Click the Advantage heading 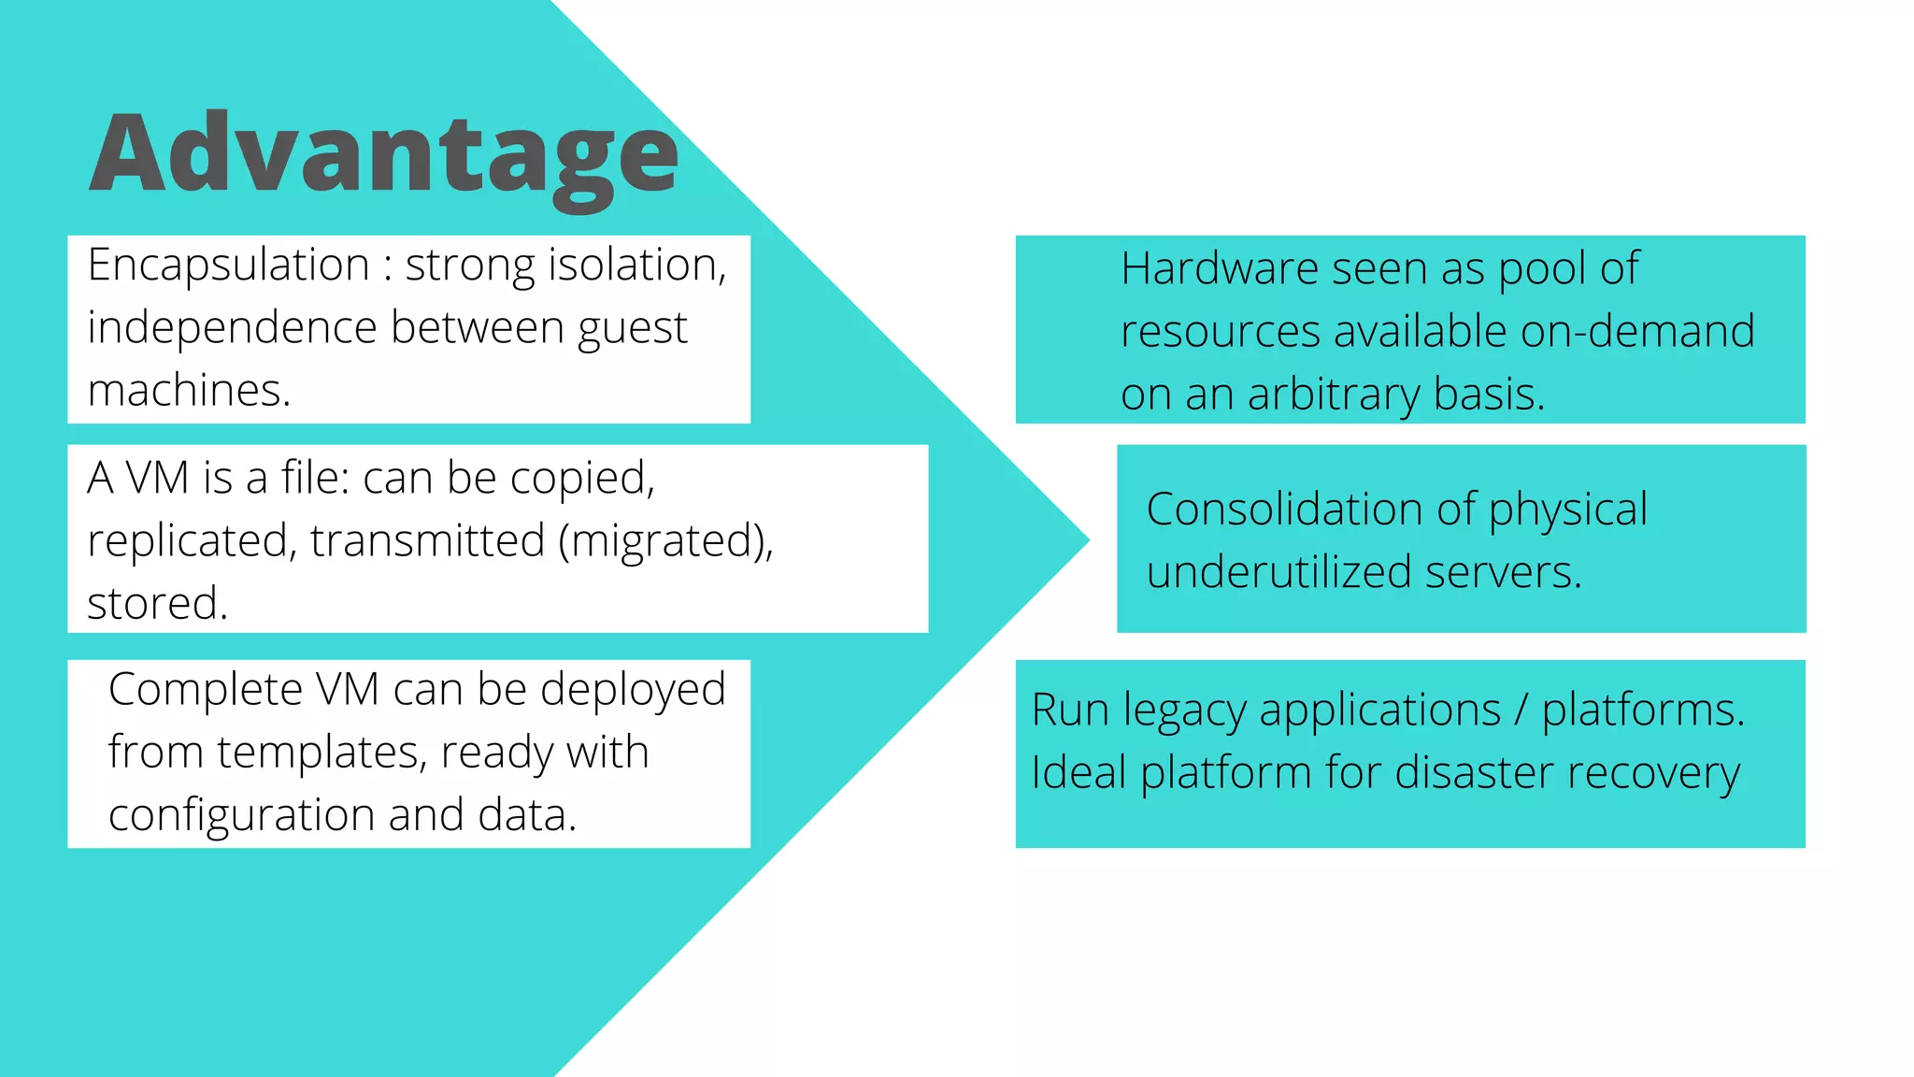383,154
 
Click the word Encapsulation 229,266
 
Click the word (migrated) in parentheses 665,541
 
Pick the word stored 157,604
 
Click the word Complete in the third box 205,690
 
